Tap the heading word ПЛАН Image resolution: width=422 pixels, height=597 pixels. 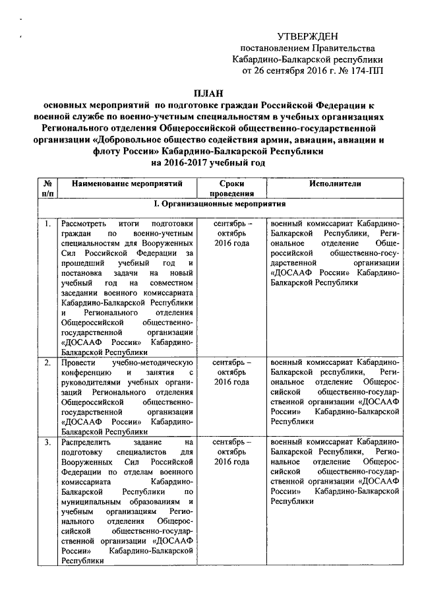click(210, 93)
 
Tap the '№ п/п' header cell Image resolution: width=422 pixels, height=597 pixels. click(47, 188)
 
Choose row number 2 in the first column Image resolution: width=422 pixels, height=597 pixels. click(47, 363)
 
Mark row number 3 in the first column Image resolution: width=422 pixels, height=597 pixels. click(47, 441)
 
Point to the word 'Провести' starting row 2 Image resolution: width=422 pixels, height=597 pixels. click(76, 363)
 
